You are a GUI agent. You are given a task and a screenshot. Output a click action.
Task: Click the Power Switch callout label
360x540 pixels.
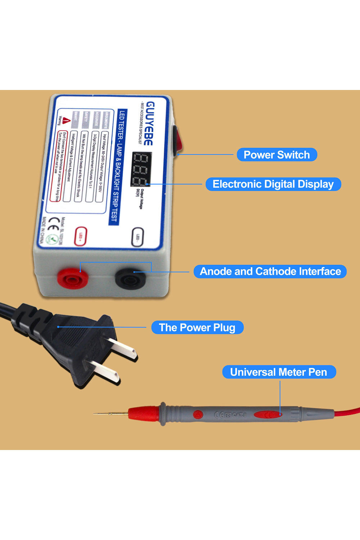(x=277, y=155)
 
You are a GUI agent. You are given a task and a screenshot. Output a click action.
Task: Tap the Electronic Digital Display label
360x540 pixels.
(x=273, y=184)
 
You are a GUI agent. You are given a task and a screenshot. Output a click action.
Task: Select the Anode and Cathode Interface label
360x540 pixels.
(x=270, y=271)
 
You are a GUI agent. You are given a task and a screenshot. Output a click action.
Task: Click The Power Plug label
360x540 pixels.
(x=197, y=328)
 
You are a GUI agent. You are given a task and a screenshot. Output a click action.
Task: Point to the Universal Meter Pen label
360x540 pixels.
(x=279, y=372)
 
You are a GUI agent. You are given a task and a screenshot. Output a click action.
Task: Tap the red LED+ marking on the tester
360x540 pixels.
(x=81, y=236)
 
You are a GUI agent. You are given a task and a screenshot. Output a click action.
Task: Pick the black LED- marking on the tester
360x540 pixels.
(x=138, y=237)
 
